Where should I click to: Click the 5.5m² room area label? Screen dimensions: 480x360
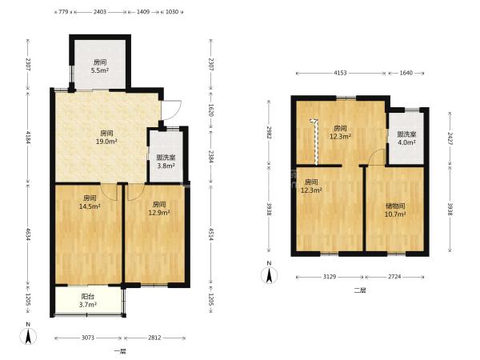pos(100,66)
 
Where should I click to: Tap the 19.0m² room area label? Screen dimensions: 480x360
pos(107,137)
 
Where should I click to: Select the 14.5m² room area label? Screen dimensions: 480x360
pos(90,202)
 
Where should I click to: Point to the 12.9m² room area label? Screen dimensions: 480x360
pos(159,208)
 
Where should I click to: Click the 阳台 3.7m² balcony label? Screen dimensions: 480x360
pos(88,300)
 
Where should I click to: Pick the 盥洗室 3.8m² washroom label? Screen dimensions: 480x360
pos(166,162)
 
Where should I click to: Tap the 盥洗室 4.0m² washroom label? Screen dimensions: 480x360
pos(406,138)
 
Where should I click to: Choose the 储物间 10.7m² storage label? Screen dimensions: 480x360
pos(395,210)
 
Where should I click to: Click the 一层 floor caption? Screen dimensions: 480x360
pos(120,351)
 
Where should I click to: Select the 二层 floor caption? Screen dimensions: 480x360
pos(360,290)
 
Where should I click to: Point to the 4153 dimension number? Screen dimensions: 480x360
pos(340,73)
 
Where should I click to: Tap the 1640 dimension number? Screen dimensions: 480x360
pos(406,73)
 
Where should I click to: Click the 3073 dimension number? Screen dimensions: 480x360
pos(88,338)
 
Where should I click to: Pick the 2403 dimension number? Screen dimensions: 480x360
pos(100,12)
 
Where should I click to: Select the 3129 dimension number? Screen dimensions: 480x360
pos(330,277)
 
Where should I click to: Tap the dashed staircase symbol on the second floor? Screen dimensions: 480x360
pos(316,141)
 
